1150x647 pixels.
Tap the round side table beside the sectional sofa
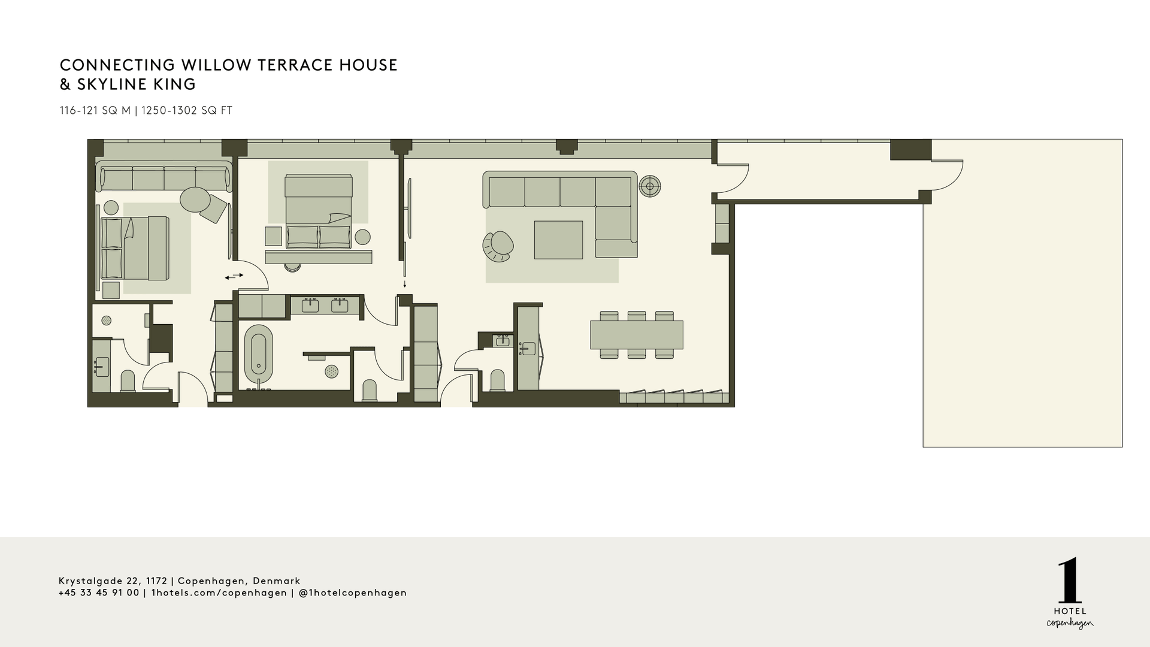649,186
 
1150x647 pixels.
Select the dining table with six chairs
636,335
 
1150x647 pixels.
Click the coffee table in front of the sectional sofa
558,240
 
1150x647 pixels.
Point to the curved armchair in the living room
498,246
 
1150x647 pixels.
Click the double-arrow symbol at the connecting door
234,276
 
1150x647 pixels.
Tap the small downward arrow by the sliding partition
405,284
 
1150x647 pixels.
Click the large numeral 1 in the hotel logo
1070,581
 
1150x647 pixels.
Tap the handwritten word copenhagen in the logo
1070,624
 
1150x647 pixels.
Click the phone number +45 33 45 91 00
99,593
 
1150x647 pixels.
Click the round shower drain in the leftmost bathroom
106,321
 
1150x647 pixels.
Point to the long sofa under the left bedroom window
164,178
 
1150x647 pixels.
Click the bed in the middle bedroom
318,211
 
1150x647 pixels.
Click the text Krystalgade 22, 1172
113,581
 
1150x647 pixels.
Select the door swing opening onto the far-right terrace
946,174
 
